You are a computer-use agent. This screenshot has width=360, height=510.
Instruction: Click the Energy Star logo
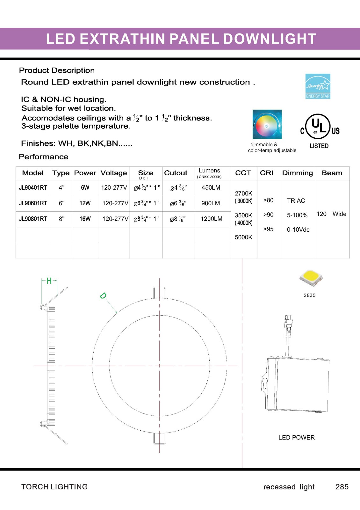[318, 86]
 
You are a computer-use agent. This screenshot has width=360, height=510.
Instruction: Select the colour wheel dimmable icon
[267, 124]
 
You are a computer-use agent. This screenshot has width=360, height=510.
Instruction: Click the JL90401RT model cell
[33, 188]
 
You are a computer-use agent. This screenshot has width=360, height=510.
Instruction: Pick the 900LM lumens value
[211, 203]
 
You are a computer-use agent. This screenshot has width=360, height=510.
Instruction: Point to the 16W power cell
[85, 219]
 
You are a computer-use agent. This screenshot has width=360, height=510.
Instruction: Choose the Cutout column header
[176, 173]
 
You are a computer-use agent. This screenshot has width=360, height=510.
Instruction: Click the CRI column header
[266, 173]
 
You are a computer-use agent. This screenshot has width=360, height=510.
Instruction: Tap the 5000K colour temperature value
[243, 237]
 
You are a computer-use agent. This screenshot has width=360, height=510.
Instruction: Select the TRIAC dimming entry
[296, 200]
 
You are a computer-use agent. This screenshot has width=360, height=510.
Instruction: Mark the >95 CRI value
[268, 229]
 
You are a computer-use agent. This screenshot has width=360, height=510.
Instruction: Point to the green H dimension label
[49, 281]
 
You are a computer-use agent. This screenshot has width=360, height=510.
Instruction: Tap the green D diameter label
[103, 296]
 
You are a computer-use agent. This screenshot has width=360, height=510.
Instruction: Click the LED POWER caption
[296, 438]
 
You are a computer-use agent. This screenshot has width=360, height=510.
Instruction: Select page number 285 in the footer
[342, 487]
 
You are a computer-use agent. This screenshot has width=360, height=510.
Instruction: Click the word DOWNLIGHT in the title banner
[270, 39]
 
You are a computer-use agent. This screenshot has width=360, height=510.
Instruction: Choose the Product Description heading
[57, 70]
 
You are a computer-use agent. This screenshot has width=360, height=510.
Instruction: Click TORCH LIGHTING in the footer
[54, 487]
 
